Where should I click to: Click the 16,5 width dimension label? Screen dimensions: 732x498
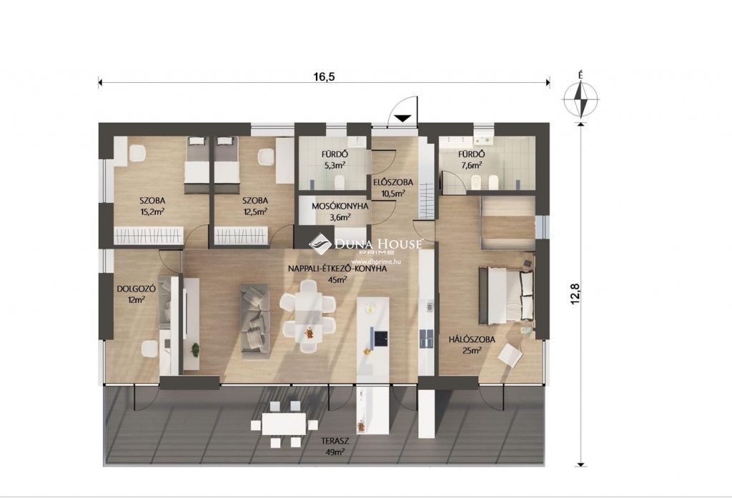(324, 76)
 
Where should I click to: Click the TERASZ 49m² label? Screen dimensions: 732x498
(335, 446)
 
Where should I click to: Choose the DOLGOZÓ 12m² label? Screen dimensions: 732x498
(137, 294)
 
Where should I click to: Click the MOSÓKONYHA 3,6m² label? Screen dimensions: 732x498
(340, 211)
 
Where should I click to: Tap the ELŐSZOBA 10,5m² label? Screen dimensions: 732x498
(393, 187)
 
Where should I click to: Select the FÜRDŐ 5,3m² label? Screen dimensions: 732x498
(335, 159)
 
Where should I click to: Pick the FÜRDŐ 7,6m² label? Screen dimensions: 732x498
(472, 159)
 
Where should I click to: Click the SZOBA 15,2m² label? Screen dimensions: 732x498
(153, 206)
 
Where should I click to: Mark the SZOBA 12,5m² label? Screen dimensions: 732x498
(255, 206)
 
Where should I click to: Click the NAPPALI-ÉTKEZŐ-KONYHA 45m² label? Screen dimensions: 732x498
(337, 274)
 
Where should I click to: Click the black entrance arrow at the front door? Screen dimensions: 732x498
(402, 118)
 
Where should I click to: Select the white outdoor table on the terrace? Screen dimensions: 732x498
(284, 424)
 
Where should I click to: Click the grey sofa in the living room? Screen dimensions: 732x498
(255, 322)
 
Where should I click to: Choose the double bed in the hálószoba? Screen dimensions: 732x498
(507, 296)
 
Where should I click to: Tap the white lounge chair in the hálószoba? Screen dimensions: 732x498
(510, 354)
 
